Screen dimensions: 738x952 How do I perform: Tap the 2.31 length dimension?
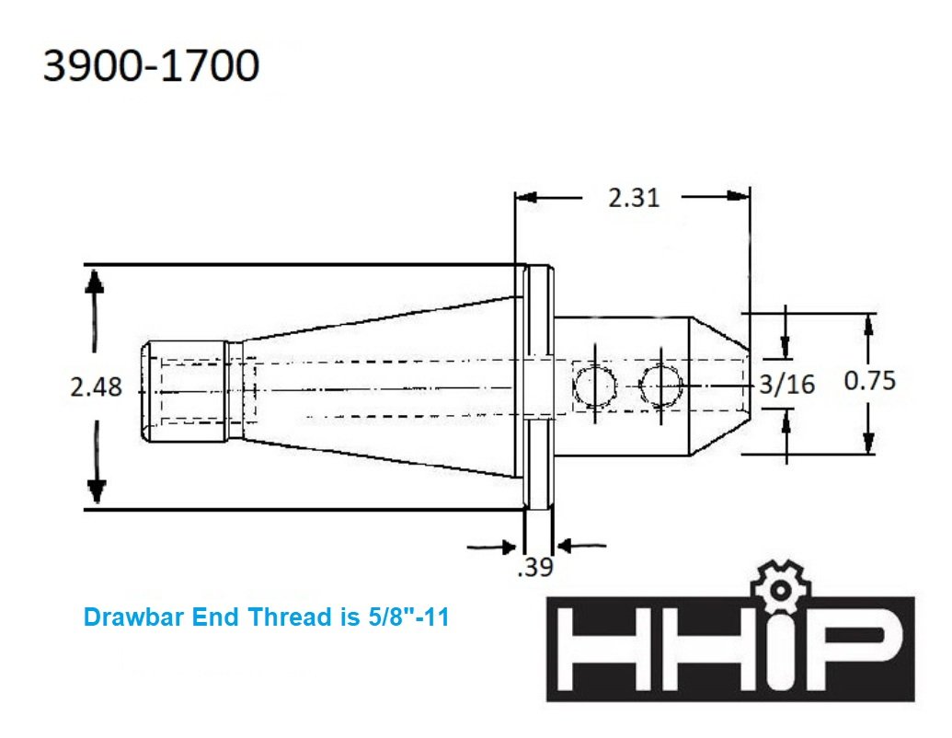point(634,197)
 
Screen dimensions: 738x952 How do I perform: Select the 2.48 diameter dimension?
point(97,387)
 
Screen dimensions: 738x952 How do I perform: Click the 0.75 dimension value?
point(869,380)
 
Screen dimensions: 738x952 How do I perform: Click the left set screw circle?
point(594,385)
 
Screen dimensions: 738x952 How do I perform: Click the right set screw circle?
point(660,385)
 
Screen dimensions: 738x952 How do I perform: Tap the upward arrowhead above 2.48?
point(96,279)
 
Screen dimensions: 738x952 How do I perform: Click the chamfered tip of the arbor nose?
point(721,386)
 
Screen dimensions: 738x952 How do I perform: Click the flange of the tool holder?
point(539,386)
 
